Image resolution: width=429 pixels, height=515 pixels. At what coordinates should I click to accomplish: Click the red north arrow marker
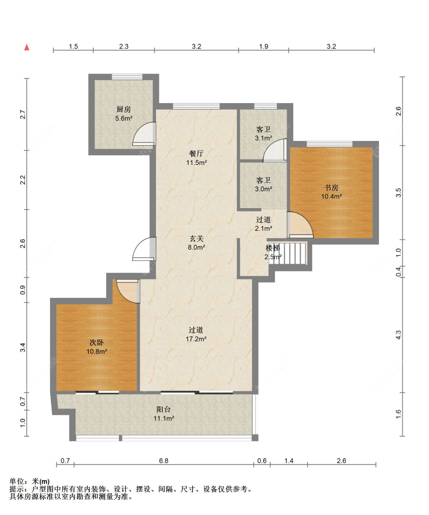27,47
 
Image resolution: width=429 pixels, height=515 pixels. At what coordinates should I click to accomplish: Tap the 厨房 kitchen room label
124,109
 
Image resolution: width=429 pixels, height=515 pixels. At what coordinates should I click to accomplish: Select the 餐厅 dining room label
196,153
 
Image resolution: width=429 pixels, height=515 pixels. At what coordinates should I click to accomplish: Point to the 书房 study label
331,188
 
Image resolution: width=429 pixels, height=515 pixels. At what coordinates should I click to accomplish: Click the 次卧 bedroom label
96,342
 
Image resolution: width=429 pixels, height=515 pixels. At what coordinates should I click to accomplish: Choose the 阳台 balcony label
164,410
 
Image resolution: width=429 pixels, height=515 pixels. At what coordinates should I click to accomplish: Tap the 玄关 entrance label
196,239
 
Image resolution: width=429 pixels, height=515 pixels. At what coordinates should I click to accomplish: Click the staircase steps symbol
288,253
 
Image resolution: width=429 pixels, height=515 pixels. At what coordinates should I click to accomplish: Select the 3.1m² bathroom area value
264,138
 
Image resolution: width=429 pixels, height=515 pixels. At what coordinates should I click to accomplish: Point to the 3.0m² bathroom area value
264,189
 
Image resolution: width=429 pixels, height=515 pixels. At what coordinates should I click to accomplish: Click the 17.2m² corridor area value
196,339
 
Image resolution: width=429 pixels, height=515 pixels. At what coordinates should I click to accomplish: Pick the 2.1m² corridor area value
264,228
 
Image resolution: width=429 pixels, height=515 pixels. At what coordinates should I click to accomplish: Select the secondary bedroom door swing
123,296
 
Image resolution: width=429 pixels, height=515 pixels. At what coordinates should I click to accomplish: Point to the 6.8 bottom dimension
164,460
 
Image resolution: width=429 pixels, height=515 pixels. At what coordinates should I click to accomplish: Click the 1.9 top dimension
264,46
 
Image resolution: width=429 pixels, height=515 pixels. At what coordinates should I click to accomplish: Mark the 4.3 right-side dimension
398,335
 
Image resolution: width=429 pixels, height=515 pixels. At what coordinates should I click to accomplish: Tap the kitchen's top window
127,77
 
